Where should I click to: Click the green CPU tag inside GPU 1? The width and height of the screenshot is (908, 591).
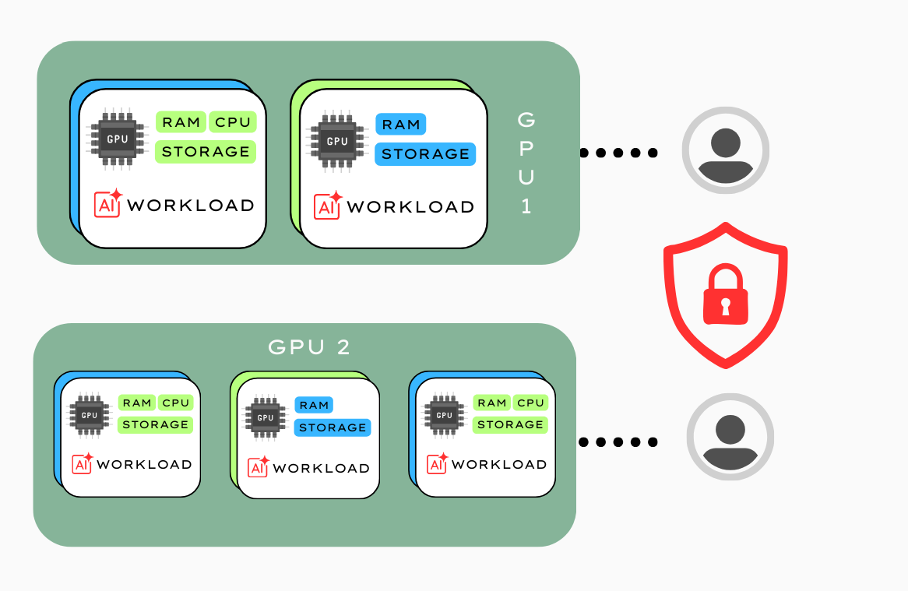233,122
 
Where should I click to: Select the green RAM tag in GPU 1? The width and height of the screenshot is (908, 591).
181,122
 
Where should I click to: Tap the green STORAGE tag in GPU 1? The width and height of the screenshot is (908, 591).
206,152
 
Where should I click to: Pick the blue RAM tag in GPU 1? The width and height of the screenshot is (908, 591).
401,125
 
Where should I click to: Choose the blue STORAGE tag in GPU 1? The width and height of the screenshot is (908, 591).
425,154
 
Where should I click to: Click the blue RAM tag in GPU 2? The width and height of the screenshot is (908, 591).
314,405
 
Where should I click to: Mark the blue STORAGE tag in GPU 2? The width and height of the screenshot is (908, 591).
333,427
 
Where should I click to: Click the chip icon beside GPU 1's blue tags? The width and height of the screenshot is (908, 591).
337,141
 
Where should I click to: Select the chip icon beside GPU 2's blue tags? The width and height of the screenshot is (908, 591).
266,417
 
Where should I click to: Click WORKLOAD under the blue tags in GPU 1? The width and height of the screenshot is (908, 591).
410,207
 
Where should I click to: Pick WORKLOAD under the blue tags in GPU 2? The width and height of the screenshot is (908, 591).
321,468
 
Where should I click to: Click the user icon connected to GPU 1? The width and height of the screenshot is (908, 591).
726,150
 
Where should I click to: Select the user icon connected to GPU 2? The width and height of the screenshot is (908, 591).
730,437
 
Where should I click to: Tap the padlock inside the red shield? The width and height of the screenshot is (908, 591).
725,295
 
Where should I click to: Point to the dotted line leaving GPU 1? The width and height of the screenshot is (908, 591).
619,153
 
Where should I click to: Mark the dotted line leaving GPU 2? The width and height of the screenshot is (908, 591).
619,442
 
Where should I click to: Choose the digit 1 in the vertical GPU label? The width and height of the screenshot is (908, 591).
526,207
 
